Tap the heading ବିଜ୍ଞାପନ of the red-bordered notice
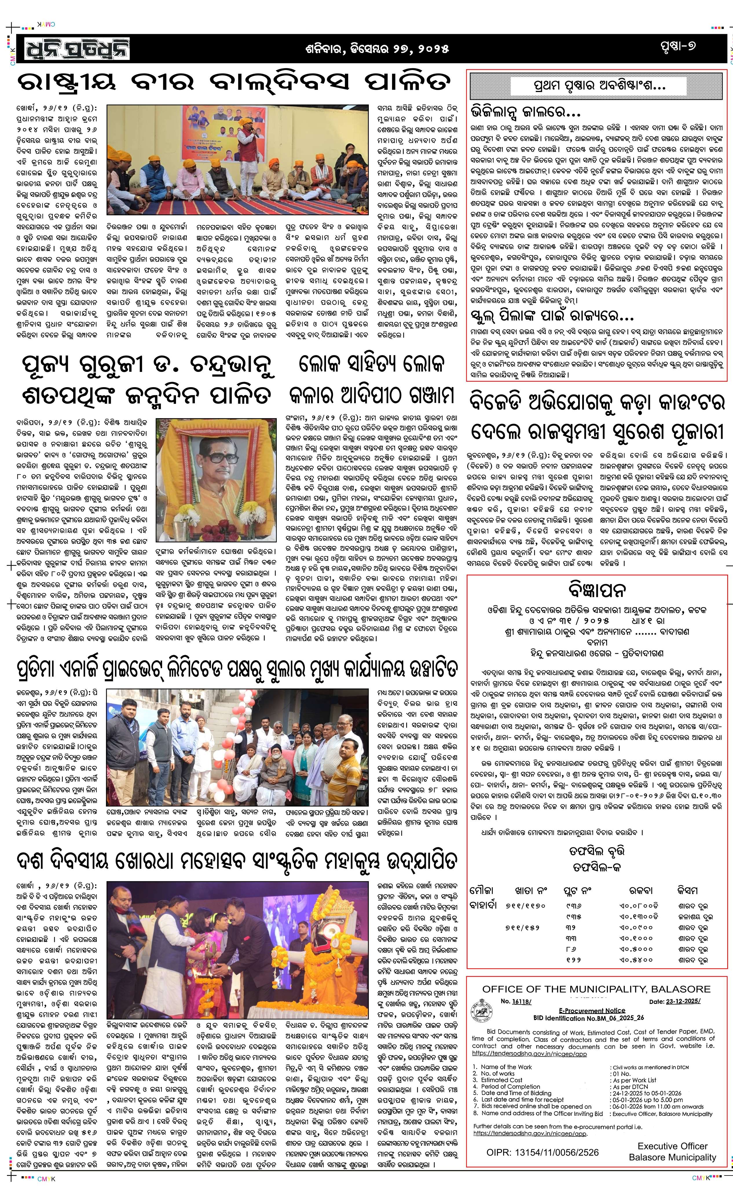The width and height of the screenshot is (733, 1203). tap(597, 590)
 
